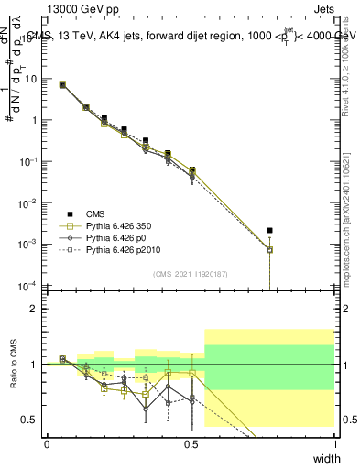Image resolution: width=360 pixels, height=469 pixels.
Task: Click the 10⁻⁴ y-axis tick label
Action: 29,285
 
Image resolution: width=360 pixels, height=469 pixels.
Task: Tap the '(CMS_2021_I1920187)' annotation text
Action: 190,274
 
